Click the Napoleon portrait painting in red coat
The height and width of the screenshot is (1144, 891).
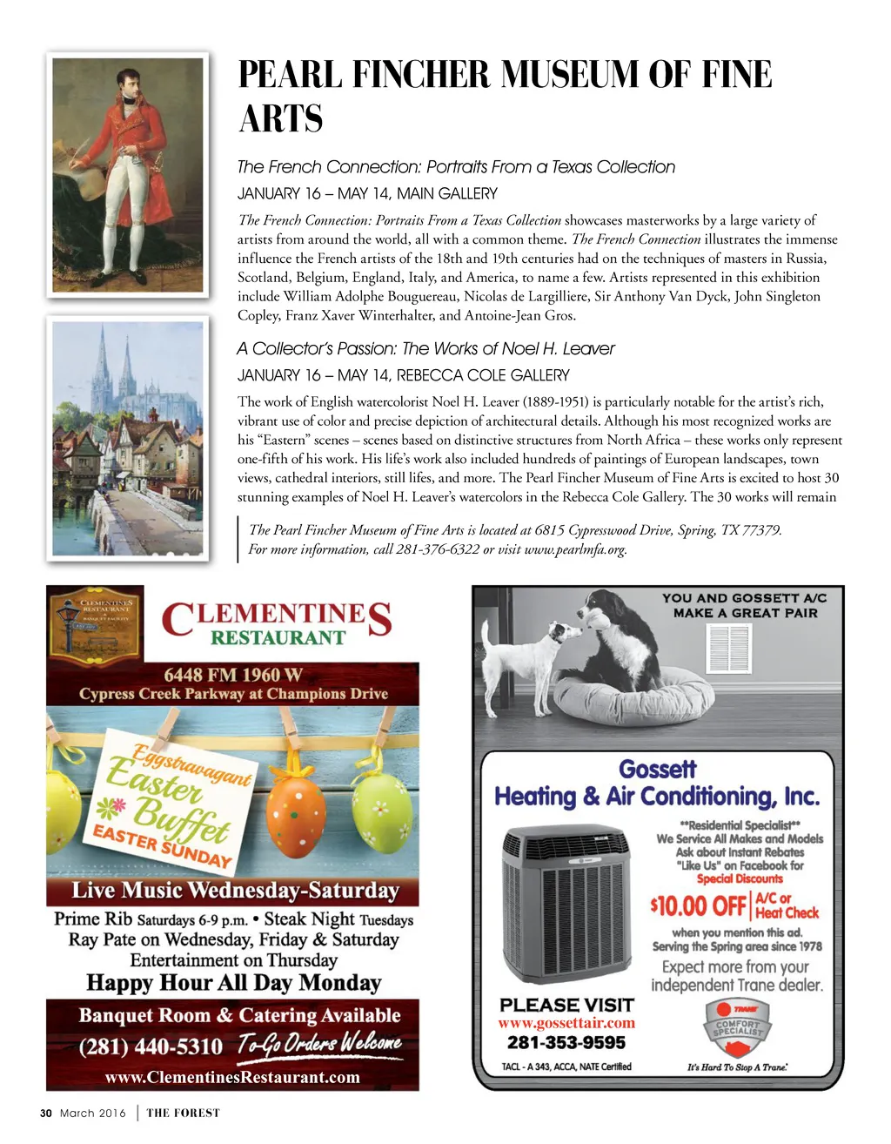pyautogui.click(x=128, y=174)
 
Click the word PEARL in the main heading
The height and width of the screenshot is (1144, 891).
pyautogui.click(x=290, y=75)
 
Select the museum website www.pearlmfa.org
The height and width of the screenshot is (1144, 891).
pyautogui.click(x=575, y=549)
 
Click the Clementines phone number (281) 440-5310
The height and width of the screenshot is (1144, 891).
pyautogui.click(x=151, y=1046)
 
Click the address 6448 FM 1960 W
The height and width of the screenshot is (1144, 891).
pyautogui.click(x=233, y=675)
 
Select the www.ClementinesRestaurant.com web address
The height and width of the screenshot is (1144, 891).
pyautogui.click(x=232, y=1077)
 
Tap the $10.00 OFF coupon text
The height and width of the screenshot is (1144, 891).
pyautogui.click(x=698, y=906)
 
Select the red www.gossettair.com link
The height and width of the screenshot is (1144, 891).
pyautogui.click(x=566, y=1023)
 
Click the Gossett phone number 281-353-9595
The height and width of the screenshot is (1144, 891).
pyautogui.click(x=566, y=1043)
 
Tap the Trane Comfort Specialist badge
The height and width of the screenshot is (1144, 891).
pyautogui.click(x=737, y=1027)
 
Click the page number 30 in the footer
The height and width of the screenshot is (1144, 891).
pyautogui.click(x=46, y=1113)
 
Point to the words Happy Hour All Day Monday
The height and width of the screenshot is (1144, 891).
pyautogui.click(x=234, y=983)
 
